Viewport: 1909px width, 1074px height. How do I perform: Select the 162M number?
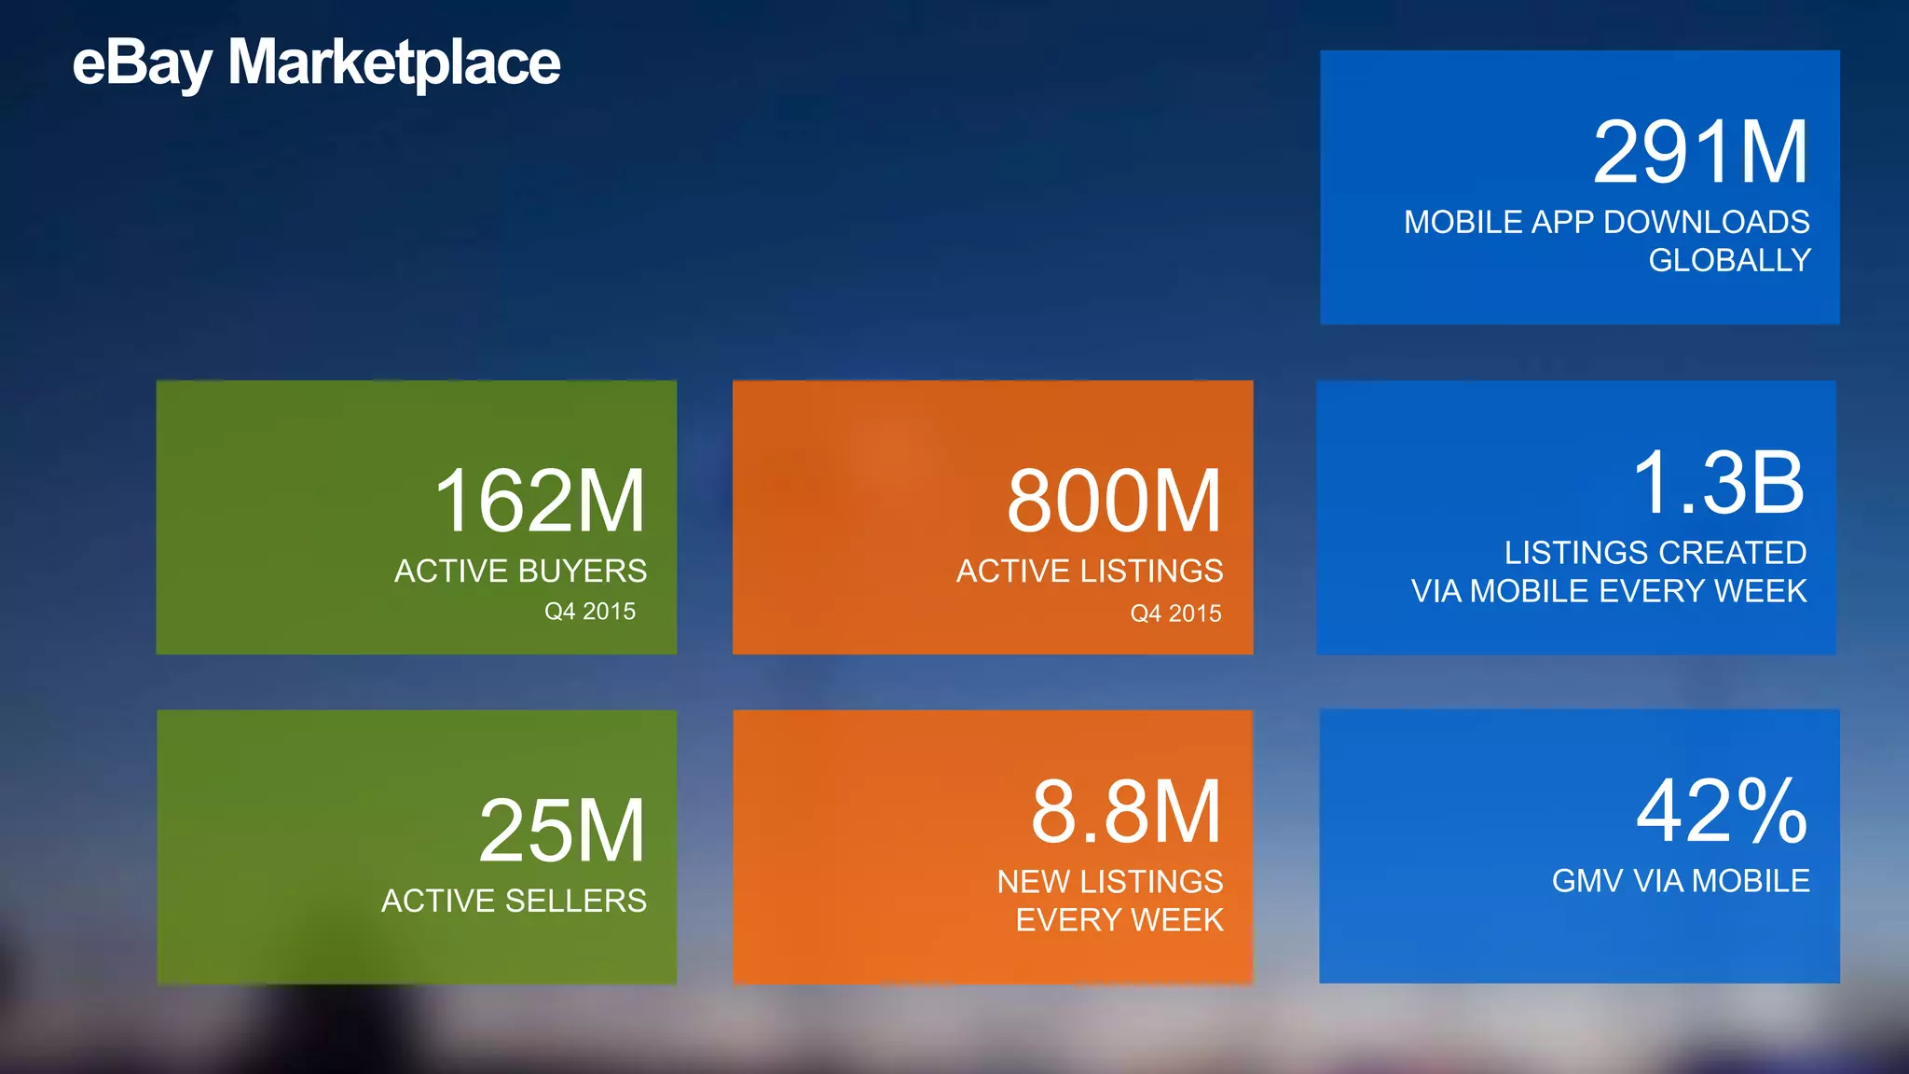click(x=540, y=502)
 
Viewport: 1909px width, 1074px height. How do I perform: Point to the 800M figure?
click(x=1114, y=502)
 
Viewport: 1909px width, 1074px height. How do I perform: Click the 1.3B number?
click(x=1719, y=482)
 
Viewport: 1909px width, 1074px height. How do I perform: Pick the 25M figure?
click(x=562, y=831)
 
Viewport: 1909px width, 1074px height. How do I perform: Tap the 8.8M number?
click(x=1126, y=812)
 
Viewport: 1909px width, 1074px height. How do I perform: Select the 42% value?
click(x=1722, y=812)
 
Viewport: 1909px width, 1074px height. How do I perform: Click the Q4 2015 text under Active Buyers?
click(x=590, y=612)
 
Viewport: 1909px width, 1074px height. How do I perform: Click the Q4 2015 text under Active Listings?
click(x=1175, y=613)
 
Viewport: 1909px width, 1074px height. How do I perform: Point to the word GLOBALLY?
click(x=1729, y=260)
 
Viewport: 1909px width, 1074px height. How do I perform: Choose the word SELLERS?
click(x=575, y=901)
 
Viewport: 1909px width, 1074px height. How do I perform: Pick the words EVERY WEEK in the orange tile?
click(x=1119, y=920)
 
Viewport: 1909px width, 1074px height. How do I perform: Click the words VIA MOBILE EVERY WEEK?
click(x=1609, y=591)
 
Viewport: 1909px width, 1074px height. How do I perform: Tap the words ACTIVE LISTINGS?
click(x=1090, y=571)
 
